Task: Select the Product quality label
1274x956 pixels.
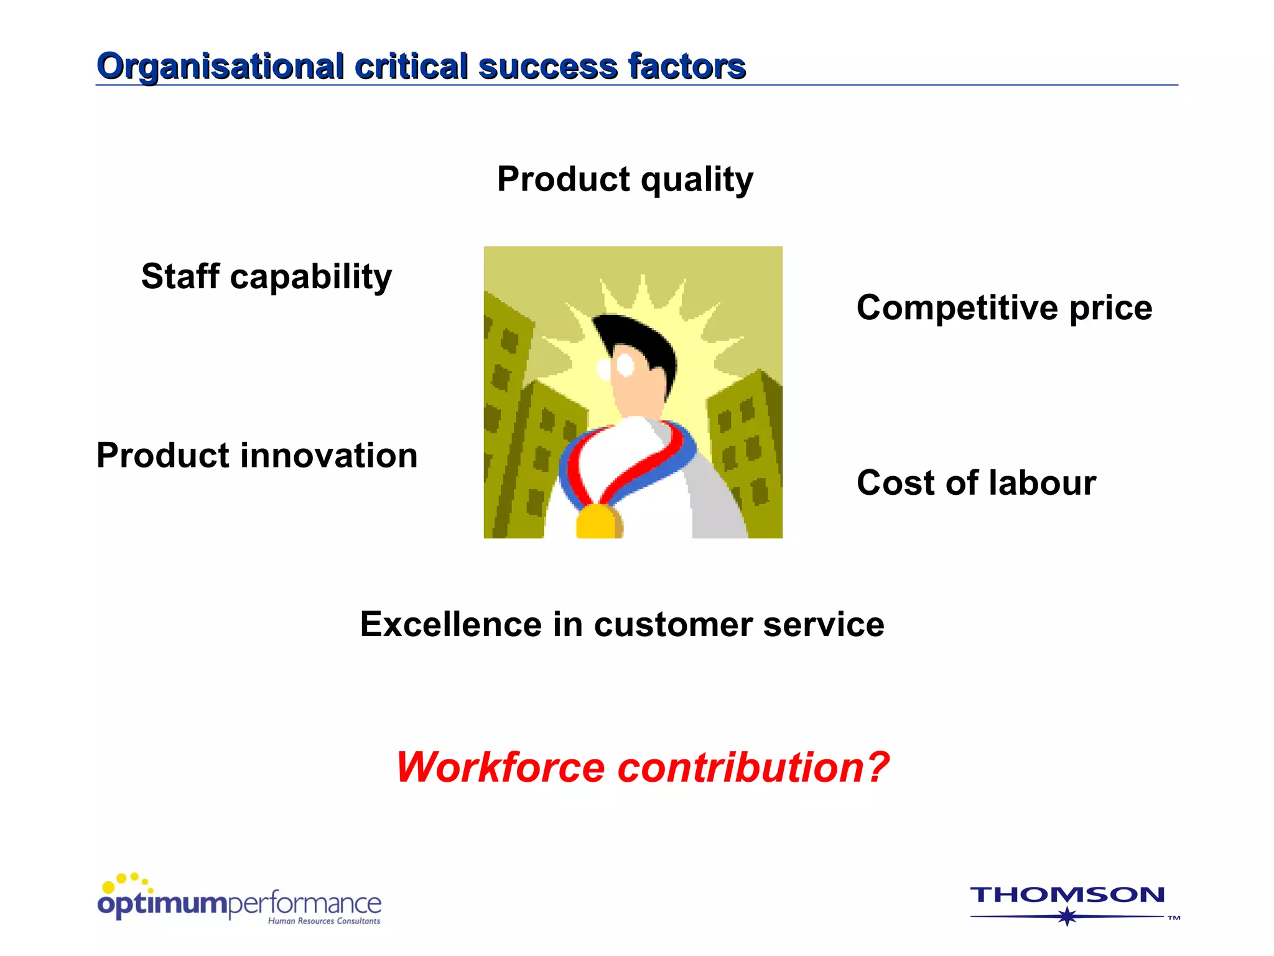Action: pos(625,180)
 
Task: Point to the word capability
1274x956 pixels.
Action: pos(311,278)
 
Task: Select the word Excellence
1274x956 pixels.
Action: pos(451,624)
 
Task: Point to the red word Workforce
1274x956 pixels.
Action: pos(500,767)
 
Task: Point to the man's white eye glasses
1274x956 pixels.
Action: pos(616,367)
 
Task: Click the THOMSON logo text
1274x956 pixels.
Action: pos(1067,895)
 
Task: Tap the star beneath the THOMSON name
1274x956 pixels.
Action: pos(1067,916)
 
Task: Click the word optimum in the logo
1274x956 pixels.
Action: pos(163,904)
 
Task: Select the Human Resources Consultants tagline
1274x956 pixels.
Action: pos(324,921)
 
